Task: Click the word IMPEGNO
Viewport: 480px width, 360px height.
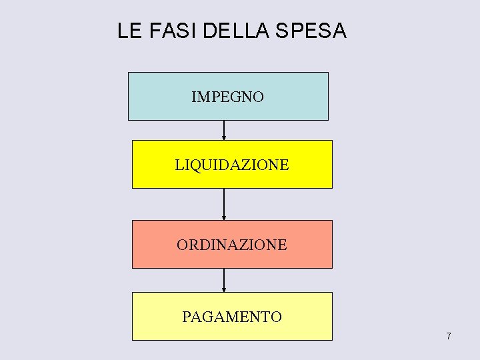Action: tap(227, 97)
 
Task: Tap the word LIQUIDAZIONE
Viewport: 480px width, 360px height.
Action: tap(232, 165)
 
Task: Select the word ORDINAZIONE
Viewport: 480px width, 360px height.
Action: tap(232, 245)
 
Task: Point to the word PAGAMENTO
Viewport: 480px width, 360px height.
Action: tap(232, 317)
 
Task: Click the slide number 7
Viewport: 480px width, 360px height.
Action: tap(449, 336)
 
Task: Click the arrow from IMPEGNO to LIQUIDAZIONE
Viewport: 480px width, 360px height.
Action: tap(224, 129)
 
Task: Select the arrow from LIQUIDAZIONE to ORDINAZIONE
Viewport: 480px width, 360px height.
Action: tap(224, 203)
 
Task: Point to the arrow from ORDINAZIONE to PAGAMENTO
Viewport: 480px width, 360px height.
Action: tap(224, 279)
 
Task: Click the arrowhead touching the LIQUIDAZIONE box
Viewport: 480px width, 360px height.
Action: tap(224, 138)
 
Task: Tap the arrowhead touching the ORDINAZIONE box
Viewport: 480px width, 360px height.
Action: tap(224, 217)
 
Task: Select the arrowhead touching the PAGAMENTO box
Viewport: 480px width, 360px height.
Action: tap(224, 289)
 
